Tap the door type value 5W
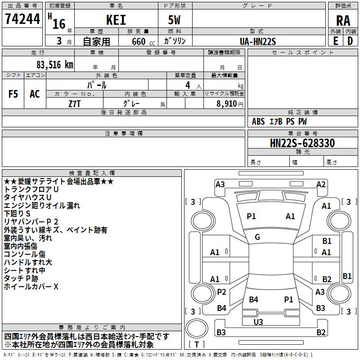click(174, 20)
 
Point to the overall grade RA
click(343, 20)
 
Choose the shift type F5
click(13, 94)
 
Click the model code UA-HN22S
click(258, 41)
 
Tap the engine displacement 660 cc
click(137, 41)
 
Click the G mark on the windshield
click(257, 237)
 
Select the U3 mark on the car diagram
click(258, 322)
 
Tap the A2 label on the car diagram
click(321, 184)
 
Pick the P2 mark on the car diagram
click(221, 292)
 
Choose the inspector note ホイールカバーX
click(31, 286)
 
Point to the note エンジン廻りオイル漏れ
click(42, 205)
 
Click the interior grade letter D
click(350, 41)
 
